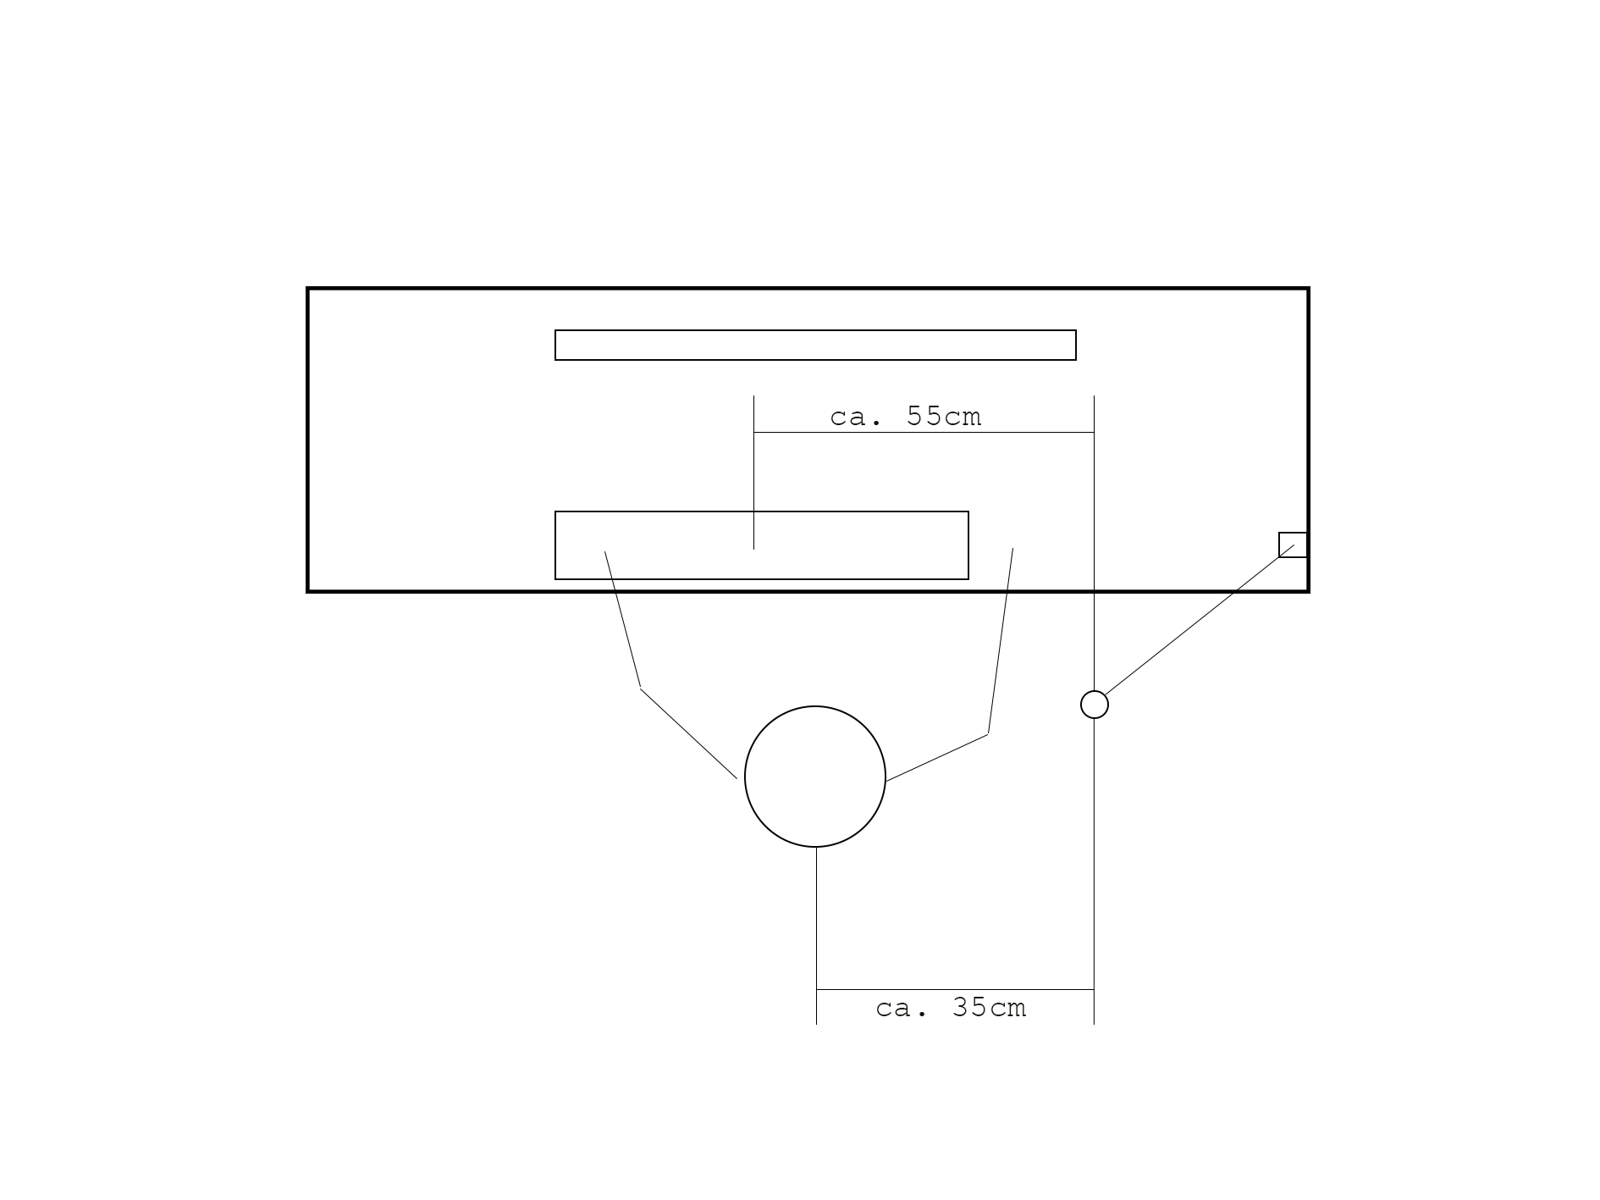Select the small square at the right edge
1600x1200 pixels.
pyautogui.click(x=1293, y=533)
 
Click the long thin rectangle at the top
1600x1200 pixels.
pyautogui.click(x=815, y=330)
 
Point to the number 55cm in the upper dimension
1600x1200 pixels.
pyautogui.click(x=944, y=417)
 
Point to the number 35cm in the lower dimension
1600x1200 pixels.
pyautogui.click(x=989, y=1008)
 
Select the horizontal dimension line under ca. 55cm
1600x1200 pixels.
pyautogui.click(x=924, y=433)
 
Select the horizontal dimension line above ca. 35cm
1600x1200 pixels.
pyautogui.click(x=955, y=989)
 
